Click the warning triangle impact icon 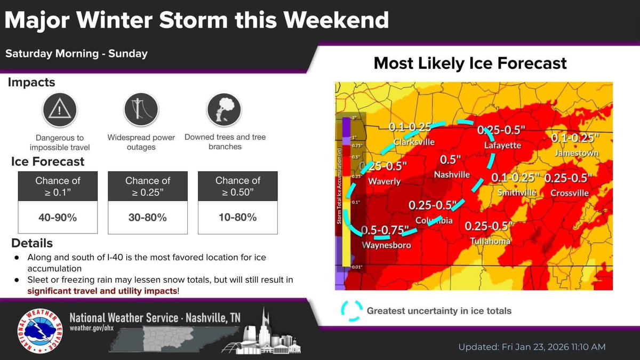(60, 110)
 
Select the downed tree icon (225, 110)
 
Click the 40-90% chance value (58, 217)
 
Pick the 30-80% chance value (148, 217)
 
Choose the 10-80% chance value (237, 217)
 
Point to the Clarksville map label (414, 142)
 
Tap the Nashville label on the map (452, 174)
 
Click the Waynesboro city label (386, 245)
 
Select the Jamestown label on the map (577, 153)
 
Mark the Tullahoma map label (490, 241)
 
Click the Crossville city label (570, 193)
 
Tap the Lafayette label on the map (502, 145)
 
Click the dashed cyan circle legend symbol (351, 310)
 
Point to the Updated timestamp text (532, 347)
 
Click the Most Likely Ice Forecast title (470, 63)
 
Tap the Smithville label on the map (516, 193)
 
